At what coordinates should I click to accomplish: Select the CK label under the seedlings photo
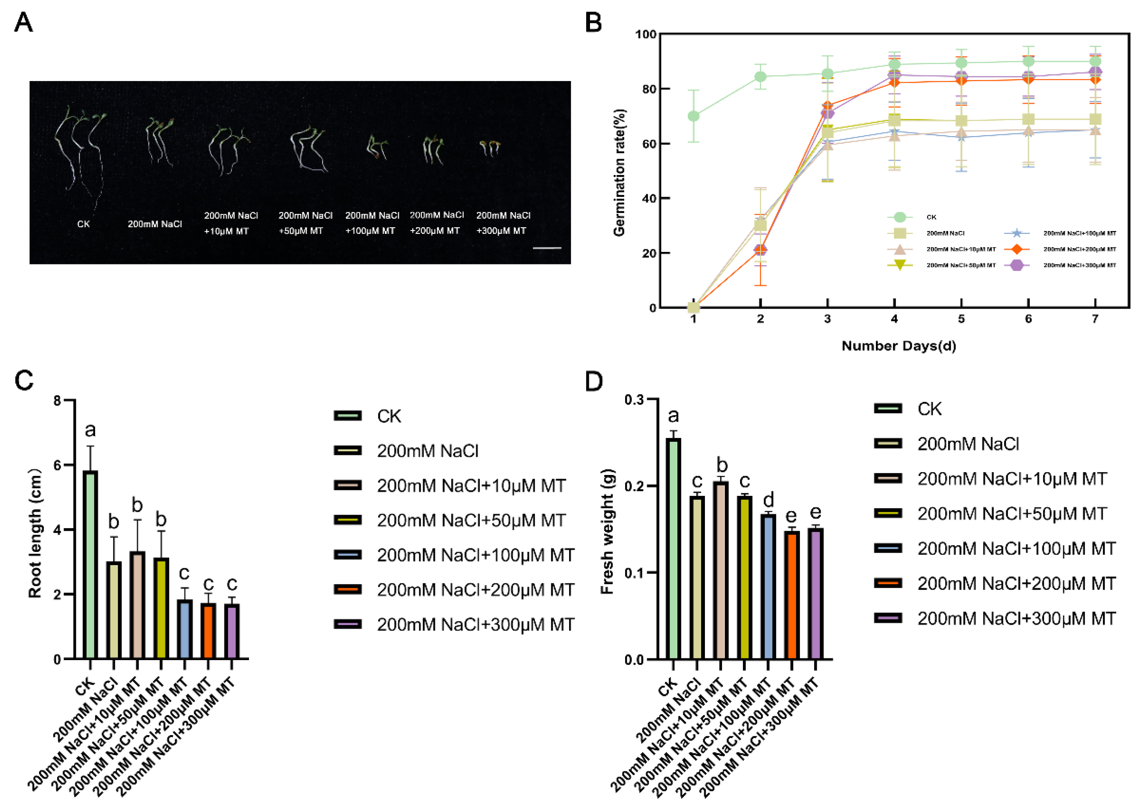[83, 224]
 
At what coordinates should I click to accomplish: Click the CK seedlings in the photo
[80, 149]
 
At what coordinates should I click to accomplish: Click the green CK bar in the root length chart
[90, 564]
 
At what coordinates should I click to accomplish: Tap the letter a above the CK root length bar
[90, 429]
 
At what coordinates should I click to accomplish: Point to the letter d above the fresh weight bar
[768, 500]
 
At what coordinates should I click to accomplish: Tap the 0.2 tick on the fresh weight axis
[634, 486]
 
